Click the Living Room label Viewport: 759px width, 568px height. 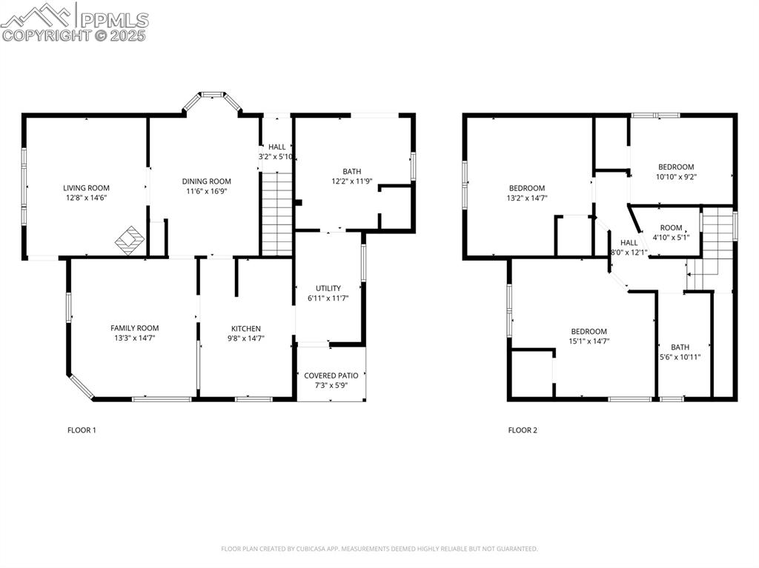tap(87, 188)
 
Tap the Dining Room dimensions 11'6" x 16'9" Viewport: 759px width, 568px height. tap(207, 190)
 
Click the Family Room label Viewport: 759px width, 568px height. tap(134, 328)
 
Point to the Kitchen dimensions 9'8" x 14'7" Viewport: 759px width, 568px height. tap(246, 338)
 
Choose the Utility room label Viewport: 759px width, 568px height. tap(328, 288)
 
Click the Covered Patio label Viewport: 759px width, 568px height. tap(331, 375)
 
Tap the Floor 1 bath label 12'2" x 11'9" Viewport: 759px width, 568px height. tap(351, 181)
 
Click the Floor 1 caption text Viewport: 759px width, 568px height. tap(82, 430)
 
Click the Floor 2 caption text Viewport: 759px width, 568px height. tap(523, 430)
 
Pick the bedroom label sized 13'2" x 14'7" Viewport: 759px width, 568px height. tap(526, 188)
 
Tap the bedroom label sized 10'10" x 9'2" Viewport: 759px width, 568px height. tap(675, 167)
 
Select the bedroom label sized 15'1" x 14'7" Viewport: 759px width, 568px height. tap(589, 331)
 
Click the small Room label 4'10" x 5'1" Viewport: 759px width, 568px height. tap(671, 228)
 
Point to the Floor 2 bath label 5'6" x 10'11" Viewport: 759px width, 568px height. tap(680, 347)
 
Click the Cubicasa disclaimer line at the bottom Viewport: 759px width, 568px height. tap(379, 549)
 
